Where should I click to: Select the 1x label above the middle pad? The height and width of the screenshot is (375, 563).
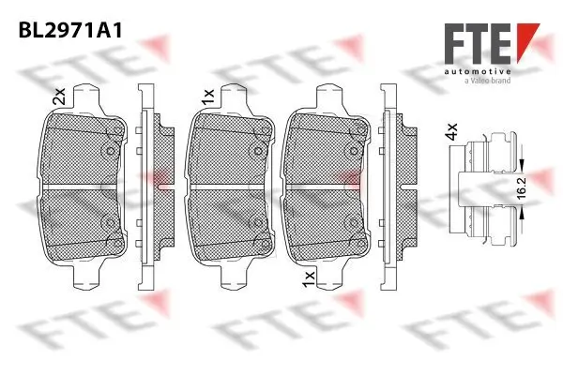207,95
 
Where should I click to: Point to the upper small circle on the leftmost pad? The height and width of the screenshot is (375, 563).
109,149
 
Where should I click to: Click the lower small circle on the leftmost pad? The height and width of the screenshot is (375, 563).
109,222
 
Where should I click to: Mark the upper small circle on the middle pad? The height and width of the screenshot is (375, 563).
254,149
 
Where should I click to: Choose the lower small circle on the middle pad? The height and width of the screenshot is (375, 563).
254,222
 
